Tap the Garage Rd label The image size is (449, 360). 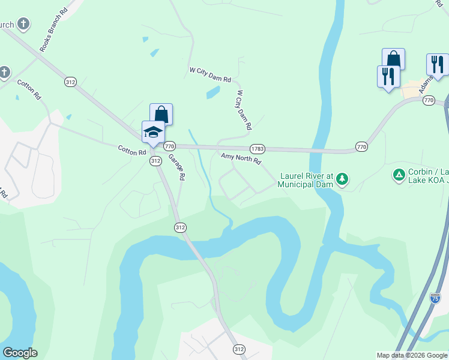[176, 168]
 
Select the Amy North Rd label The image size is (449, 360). [241, 159]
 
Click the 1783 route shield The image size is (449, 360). [258, 148]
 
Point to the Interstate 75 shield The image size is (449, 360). [435, 298]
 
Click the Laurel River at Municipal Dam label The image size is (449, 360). [305, 180]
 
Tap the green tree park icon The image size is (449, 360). [342, 178]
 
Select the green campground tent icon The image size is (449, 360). [399, 175]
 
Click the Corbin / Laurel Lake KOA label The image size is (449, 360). [428, 175]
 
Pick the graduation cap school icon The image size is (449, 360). [153, 131]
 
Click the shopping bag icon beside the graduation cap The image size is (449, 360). [161, 114]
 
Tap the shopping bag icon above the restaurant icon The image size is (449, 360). [394, 59]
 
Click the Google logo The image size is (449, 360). [20, 353]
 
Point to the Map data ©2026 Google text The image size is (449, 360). [412, 355]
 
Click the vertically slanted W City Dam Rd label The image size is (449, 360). [244, 110]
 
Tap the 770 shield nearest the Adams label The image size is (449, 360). [428, 100]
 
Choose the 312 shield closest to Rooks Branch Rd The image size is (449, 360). [71, 82]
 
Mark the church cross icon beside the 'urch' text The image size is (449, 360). [23, 25]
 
